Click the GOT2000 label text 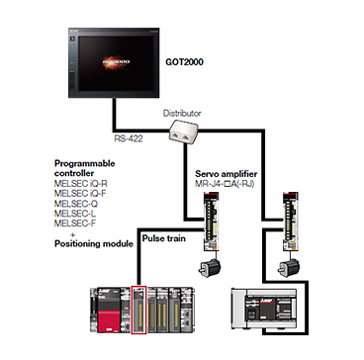[184, 61]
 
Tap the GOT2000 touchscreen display [114, 62]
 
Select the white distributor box [182, 132]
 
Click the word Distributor [182, 113]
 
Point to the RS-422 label [129, 138]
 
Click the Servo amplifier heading [227, 174]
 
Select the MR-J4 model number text [225, 184]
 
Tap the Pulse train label [163, 237]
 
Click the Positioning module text [94, 244]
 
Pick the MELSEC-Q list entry [76, 204]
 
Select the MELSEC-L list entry [75, 214]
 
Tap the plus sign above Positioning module [73, 234]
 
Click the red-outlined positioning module [139, 310]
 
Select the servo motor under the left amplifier [210, 267]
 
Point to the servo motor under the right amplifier [289, 267]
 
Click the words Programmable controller [85, 168]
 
